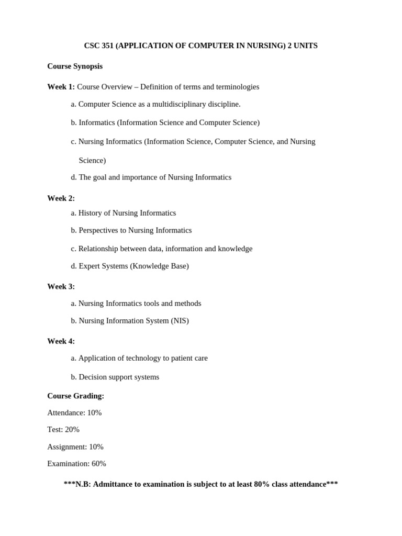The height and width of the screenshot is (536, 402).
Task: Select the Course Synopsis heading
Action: [75, 66]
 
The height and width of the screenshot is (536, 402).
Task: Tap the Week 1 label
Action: [61, 86]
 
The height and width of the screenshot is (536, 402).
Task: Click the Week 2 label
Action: [61, 198]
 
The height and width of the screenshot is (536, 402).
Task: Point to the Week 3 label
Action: [61, 286]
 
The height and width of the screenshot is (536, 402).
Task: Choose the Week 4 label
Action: [61, 341]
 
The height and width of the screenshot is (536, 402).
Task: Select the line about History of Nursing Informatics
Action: [127, 213]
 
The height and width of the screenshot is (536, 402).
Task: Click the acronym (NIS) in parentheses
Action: [180, 321]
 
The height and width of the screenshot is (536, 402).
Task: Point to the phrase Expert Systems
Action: [103, 266]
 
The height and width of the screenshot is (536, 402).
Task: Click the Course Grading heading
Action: [75, 396]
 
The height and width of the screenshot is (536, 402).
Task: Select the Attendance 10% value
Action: [94, 412]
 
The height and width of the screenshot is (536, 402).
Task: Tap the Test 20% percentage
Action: [72, 429]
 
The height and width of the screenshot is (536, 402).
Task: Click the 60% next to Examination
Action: [99, 463]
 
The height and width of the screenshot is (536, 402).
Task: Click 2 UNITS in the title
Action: [303, 46]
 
